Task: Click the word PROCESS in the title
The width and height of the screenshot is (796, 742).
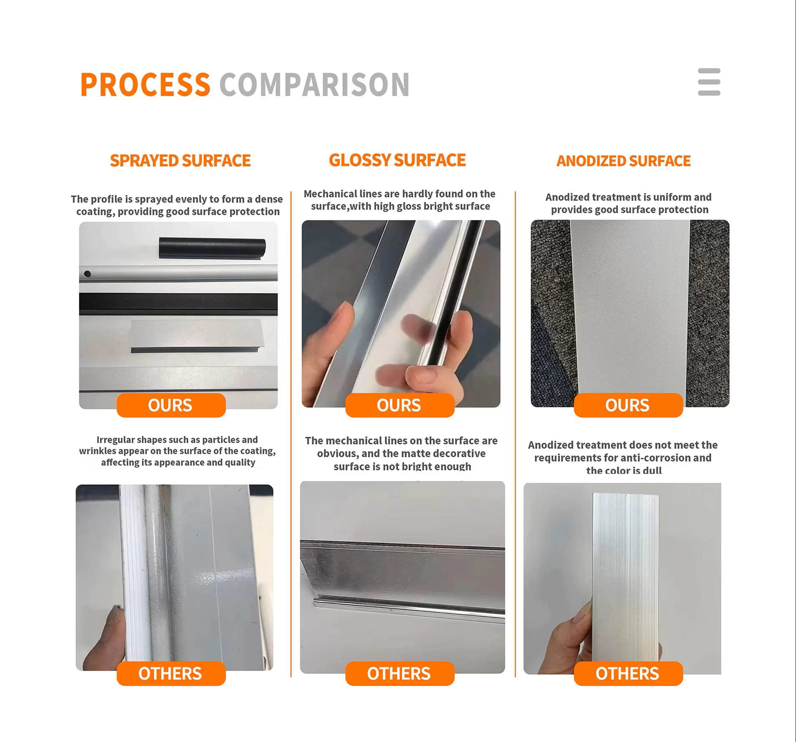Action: click(145, 85)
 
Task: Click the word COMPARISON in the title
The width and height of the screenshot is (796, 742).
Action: click(314, 85)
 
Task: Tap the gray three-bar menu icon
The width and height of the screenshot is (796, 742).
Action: click(709, 82)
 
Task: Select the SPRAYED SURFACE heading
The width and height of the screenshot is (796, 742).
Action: click(180, 161)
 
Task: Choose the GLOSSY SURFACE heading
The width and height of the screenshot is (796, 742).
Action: click(397, 160)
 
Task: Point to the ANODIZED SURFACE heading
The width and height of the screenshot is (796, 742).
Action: click(624, 161)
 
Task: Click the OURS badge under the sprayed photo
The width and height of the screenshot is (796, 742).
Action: click(171, 405)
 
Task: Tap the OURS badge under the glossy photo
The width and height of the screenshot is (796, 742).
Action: click(400, 405)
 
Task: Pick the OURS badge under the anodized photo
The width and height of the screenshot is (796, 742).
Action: click(628, 405)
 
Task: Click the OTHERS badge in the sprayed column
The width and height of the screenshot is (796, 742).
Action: click(171, 674)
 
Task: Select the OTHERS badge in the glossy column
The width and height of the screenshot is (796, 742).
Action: click(400, 674)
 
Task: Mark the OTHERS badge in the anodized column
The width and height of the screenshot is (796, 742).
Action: click(628, 674)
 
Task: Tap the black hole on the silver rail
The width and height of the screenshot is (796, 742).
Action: click(88, 274)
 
